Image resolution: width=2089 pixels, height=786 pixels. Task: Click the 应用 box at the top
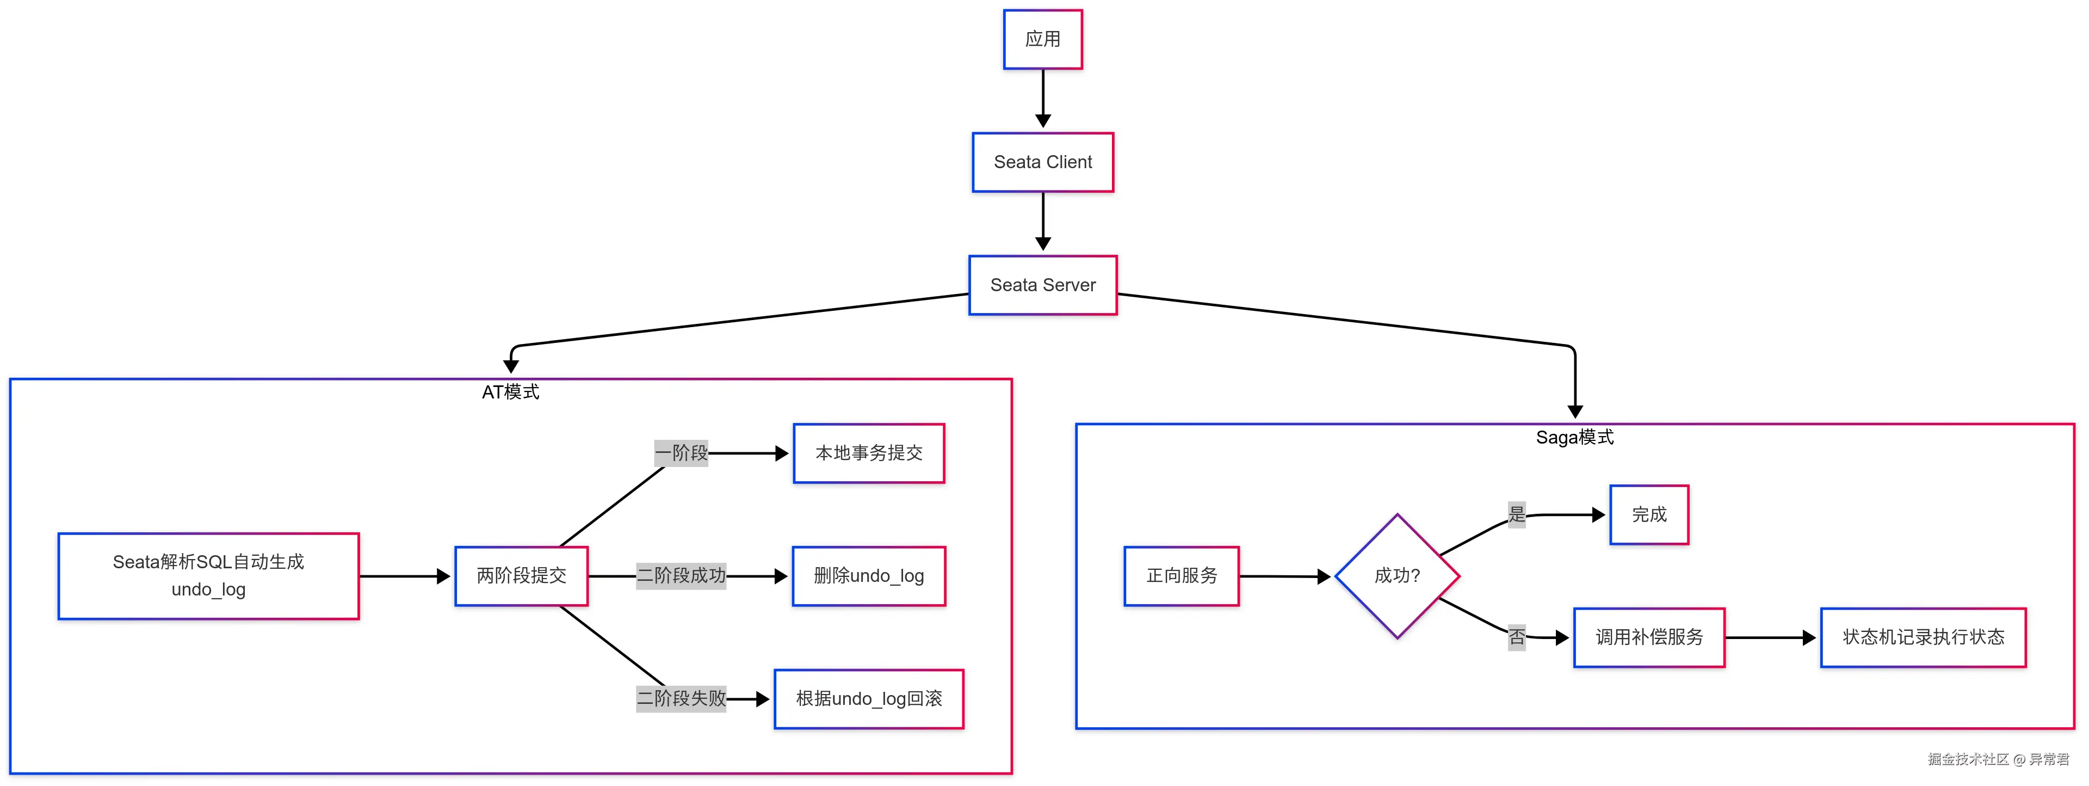(x=1042, y=39)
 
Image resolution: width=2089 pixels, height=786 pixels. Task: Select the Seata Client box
(x=1042, y=162)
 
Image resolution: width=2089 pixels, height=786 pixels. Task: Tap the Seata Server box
(x=1042, y=285)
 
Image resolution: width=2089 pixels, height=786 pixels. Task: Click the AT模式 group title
(x=510, y=392)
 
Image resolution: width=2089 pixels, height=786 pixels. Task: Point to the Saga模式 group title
(x=1574, y=437)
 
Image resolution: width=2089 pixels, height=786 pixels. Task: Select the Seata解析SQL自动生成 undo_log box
(x=208, y=576)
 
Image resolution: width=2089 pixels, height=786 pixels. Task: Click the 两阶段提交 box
(x=522, y=576)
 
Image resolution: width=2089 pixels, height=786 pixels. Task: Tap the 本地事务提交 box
(x=869, y=453)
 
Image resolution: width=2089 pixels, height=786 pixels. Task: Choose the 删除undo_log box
(x=869, y=576)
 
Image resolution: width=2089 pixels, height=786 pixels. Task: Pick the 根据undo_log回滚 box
(x=869, y=698)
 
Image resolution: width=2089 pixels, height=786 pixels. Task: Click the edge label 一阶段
(x=681, y=453)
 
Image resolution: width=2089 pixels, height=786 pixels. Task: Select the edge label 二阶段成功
(x=681, y=576)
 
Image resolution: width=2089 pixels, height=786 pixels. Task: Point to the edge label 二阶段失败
(x=681, y=698)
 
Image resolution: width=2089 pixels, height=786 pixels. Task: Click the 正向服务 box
(x=1182, y=576)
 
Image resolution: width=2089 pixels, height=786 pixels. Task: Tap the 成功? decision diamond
(x=1397, y=576)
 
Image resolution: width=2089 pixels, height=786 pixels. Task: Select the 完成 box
(x=1649, y=514)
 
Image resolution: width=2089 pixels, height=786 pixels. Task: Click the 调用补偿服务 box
(x=1649, y=637)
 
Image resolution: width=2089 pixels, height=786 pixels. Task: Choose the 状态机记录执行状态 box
(x=1923, y=637)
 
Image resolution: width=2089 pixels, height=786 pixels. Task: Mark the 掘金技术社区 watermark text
(x=1967, y=759)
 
